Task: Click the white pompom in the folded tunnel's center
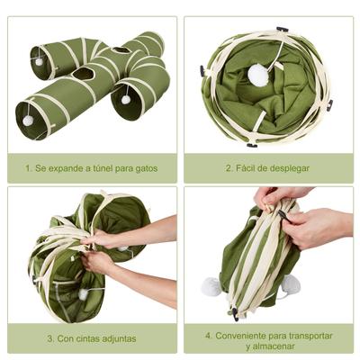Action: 259,76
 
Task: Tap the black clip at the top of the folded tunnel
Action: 282,30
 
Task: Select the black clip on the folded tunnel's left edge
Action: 202,70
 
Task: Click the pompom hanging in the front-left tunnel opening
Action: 28,120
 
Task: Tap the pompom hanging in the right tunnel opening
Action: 126,100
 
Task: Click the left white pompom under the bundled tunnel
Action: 211,286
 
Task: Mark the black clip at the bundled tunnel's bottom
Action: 236,313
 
